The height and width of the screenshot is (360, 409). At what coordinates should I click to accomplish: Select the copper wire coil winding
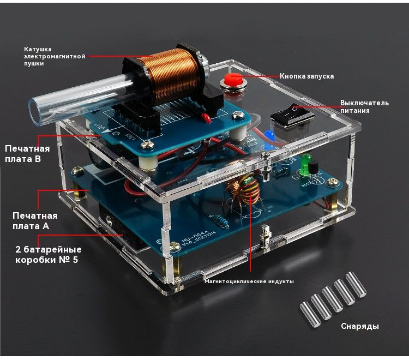click(x=169, y=75)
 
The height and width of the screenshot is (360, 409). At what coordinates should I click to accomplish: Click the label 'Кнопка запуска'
click(x=306, y=76)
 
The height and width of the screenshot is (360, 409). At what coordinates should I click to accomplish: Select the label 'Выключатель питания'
click(x=364, y=106)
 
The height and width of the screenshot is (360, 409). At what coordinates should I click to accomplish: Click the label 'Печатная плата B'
click(x=27, y=154)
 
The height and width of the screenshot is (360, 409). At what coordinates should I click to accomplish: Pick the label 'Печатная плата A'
click(x=35, y=221)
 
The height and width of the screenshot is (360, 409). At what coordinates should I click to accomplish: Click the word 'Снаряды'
click(x=360, y=326)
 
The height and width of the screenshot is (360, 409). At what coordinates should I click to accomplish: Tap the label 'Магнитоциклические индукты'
click(x=249, y=281)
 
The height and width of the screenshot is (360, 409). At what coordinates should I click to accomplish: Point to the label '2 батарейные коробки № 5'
click(x=48, y=254)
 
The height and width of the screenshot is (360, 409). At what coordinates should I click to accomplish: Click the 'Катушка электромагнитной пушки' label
click(x=55, y=56)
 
